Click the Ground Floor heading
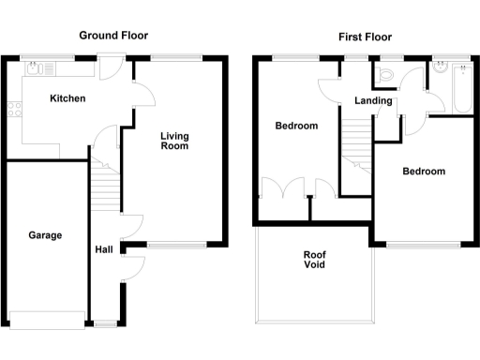(112, 37)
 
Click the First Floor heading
(365, 37)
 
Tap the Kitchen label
(67, 98)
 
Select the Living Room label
(174, 141)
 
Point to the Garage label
(44, 235)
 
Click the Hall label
(104, 250)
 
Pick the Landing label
(373, 100)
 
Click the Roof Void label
(314, 259)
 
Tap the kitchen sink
(36, 67)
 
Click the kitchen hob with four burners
(15, 109)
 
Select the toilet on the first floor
(387, 73)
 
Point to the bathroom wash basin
(438, 69)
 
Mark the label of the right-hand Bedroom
(424, 172)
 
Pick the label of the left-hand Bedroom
(295, 126)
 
